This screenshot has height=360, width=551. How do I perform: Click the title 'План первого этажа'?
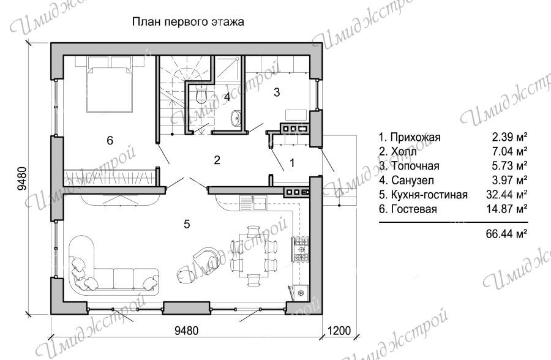coord(188,22)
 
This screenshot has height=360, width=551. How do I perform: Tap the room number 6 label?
coord(110,141)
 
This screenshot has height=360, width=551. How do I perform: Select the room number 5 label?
coord(187,224)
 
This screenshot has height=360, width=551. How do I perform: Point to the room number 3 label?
coord(277,92)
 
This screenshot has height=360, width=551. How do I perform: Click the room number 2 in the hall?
coord(217,160)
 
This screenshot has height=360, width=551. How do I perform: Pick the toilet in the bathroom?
coord(201,96)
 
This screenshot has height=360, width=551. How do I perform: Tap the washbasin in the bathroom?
coord(236,116)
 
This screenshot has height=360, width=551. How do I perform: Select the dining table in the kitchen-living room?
coord(253,253)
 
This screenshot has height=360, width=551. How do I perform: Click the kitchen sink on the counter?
coord(253,203)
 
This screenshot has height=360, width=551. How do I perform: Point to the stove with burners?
coord(301,249)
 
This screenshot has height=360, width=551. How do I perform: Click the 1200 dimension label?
coord(339,331)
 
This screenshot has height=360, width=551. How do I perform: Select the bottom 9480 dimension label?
coord(187,331)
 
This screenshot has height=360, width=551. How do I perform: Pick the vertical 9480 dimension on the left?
coord(22,178)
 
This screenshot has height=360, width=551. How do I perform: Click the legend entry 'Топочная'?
coord(410,166)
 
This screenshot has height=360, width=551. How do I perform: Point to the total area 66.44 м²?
coord(507,233)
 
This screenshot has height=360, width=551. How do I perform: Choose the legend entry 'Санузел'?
coord(407,181)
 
